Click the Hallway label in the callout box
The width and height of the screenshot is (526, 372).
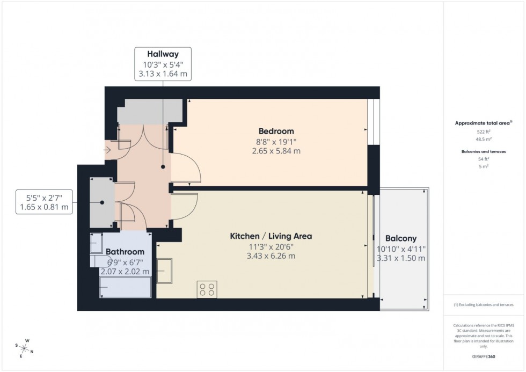[x=163, y=54]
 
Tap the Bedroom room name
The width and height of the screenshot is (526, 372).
[x=276, y=131]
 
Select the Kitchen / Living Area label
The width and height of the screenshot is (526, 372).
[x=271, y=236]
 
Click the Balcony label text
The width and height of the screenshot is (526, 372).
[x=400, y=238]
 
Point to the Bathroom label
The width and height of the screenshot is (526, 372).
[x=125, y=251]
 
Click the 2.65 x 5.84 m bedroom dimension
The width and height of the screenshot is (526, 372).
[x=276, y=151]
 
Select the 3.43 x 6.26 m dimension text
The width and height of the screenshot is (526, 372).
[x=271, y=256]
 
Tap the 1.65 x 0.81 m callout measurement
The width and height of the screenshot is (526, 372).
[x=44, y=207]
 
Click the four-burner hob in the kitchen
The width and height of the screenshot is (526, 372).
[x=207, y=289]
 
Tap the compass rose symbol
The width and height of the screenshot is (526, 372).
[x=25, y=347]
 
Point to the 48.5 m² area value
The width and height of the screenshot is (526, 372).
[x=484, y=138]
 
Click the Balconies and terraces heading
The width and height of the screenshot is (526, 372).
[x=484, y=151]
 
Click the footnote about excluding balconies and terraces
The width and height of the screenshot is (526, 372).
[x=484, y=304]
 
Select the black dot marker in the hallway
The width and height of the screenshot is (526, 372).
[x=163, y=167]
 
